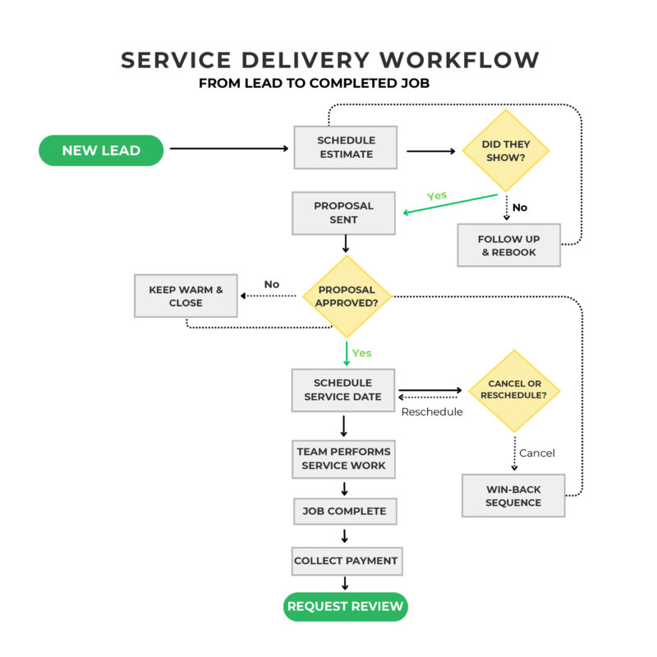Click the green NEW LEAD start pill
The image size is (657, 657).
pyautogui.click(x=101, y=150)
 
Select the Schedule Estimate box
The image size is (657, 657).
pyautogui.click(x=345, y=147)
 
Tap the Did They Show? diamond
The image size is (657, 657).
pyautogui.click(x=506, y=151)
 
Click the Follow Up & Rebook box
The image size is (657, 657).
pyautogui.click(x=508, y=245)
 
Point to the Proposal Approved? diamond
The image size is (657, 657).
pyautogui.click(x=347, y=296)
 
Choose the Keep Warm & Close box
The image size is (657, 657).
pyautogui.click(x=186, y=296)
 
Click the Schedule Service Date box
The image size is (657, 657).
pyautogui.click(x=343, y=389)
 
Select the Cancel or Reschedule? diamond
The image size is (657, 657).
pyautogui.click(x=513, y=390)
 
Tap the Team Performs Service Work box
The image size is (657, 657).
pyautogui.click(x=343, y=458)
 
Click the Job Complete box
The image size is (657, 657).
pyautogui.click(x=344, y=511)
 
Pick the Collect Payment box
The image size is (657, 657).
pyautogui.click(x=346, y=561)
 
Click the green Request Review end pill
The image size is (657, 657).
pyautogui.click(x=346, y=607)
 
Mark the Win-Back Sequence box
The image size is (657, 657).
pyautogui.click(x=513, y=495)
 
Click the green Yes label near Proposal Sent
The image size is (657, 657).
pyautogui.click(x=438, y=196)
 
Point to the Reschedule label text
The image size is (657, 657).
pyautogui.click(x=431, y=411)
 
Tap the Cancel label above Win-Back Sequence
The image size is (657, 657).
pyautogui.click(x=537, y=453)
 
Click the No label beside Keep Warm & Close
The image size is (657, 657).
pyautogui.click(x=272, y=284)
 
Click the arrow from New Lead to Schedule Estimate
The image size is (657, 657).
pyautogui.click(x=230, y=149)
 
